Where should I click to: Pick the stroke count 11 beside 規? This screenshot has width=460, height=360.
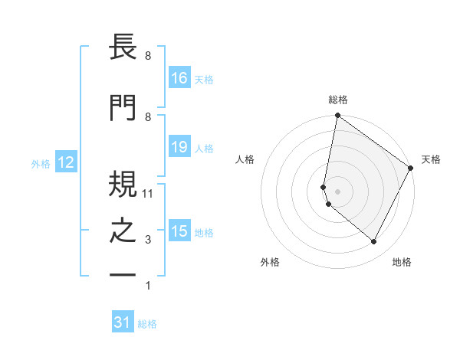(149, 194)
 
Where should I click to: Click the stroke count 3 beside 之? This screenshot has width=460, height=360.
(148, 240)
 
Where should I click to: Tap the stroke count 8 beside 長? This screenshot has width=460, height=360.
(148, 56)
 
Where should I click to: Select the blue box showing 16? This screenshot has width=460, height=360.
(179, 77)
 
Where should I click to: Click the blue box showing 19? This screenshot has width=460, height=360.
(179, 147)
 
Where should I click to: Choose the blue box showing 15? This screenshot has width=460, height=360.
(179, 231)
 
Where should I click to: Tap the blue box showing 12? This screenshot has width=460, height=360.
(65, 162)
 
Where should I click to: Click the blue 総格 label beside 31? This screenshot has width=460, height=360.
(147, 324)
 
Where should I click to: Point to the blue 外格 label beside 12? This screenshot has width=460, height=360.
(41, 163)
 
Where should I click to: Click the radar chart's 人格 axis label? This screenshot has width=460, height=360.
(245, 159)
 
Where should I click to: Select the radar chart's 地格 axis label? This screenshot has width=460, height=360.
(402, 262)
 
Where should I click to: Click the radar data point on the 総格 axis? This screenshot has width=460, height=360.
(337, 116)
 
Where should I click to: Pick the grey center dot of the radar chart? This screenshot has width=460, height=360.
(337, 191)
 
